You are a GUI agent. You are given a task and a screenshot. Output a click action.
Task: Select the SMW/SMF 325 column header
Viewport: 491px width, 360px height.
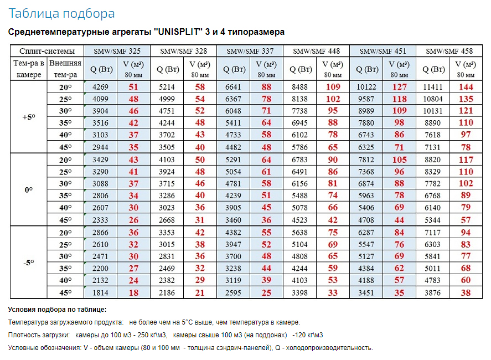pos(117,51)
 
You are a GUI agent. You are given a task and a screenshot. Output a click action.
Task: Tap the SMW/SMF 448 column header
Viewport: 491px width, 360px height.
pos(316,51)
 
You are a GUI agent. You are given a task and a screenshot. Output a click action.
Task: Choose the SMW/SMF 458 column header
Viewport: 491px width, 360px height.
pos(449,51)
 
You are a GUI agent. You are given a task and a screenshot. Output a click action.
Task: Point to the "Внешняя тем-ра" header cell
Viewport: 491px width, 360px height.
pos(65,69)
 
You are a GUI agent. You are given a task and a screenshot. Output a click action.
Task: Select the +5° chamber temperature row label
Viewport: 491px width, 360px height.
pos(28,117)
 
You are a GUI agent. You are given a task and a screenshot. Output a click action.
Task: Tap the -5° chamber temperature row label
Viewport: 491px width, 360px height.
pos(28,263)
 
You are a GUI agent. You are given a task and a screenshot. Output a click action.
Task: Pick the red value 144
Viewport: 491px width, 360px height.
pos(466,87)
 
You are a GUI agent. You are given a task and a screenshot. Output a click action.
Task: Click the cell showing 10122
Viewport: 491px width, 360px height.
pos(366,87)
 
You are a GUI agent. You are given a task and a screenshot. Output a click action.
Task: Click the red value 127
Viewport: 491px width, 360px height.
pos(399,87)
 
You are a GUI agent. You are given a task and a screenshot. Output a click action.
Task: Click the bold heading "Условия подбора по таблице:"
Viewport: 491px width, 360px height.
pos(58,310)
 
